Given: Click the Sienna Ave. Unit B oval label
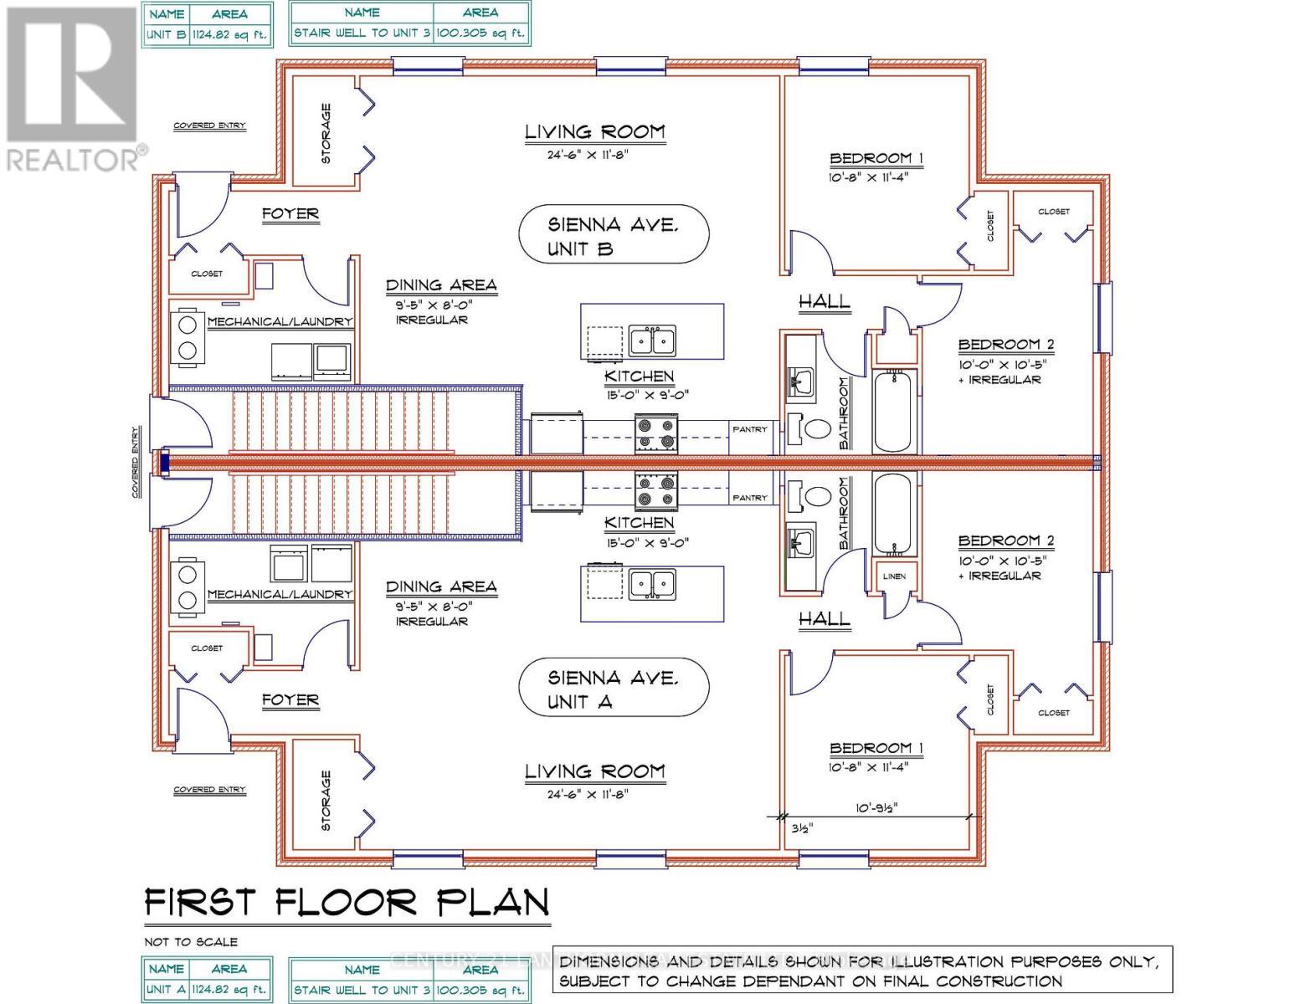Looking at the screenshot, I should point(614,236).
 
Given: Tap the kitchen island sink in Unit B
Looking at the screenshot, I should point(653,341).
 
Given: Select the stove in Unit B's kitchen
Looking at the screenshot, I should point(655,433).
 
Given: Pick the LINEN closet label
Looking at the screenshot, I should point(893,576).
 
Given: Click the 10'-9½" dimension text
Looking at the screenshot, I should point(878,808).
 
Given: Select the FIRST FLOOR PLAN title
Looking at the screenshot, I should point(347,903).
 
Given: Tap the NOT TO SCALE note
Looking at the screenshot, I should point(191,941).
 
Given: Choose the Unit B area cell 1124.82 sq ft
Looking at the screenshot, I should point(229,35).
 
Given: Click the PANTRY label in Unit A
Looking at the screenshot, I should point(750,498).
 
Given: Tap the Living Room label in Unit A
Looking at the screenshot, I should point(594,771).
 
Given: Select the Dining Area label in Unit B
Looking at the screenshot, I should point(441,285).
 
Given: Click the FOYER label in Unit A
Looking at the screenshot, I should point(290,699).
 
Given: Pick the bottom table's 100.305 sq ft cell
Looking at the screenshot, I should point(480,991).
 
